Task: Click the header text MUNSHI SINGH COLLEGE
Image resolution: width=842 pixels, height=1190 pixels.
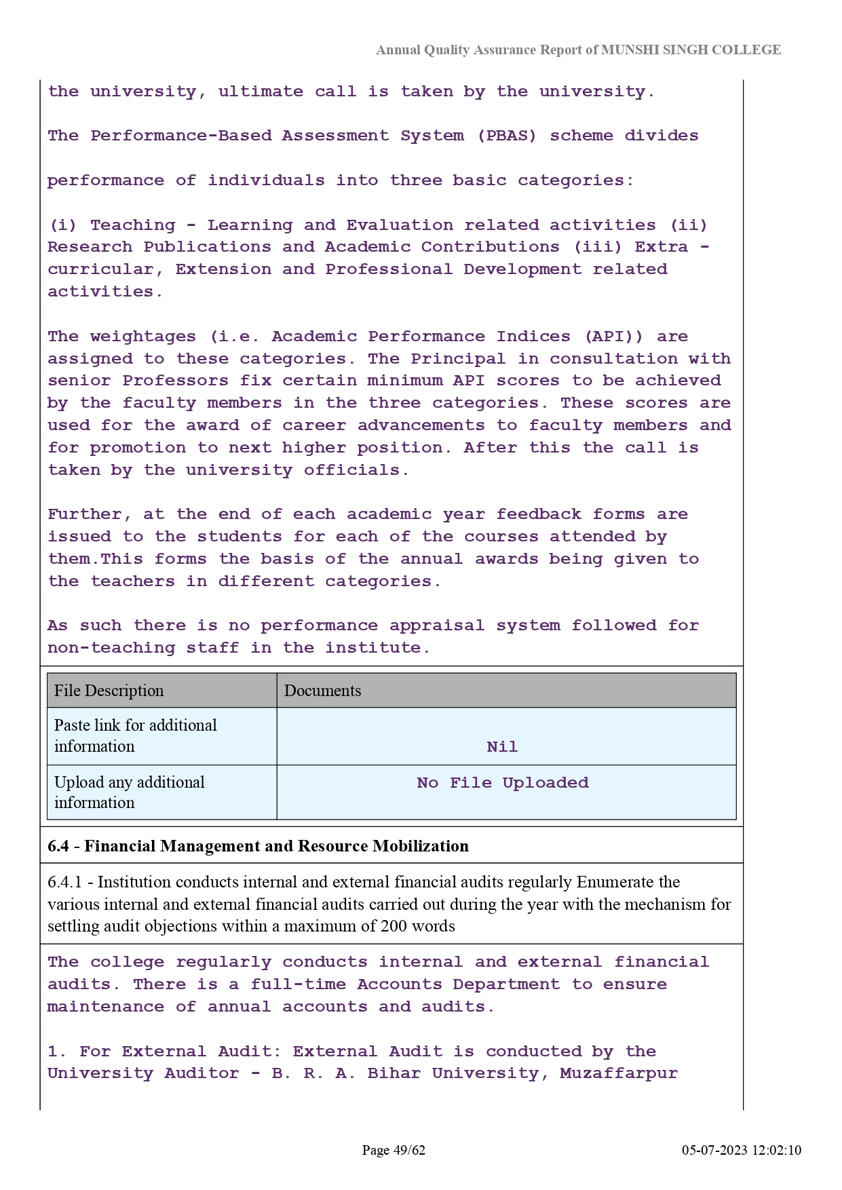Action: click(691, 50)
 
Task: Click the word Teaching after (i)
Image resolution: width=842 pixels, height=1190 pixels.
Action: click(132, 225)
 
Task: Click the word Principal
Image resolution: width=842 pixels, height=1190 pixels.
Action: click(458, 359)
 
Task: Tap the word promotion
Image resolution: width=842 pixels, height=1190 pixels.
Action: click(138, 448)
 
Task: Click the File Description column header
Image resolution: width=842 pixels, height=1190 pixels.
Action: click(109, 691)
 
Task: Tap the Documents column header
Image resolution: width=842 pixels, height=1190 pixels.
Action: click(322, 691)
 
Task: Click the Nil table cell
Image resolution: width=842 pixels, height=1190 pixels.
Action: click(502, 746)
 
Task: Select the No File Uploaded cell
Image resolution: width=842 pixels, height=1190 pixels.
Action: click(503, 783)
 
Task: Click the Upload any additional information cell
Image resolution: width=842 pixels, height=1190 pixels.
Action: click(129, 792)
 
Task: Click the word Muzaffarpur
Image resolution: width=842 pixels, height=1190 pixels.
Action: click(618, 1073)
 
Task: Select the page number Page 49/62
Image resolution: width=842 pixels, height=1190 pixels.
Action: click(394, 1150)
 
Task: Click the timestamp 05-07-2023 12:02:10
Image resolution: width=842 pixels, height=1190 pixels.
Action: click(742, 1150)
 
